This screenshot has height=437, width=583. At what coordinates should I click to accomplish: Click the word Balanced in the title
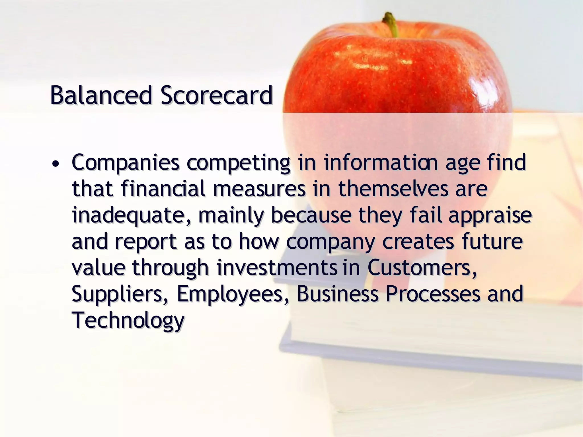[101, 96]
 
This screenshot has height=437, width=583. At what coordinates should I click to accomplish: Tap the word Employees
[229, 294]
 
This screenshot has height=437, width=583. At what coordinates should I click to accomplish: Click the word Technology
[128, 320]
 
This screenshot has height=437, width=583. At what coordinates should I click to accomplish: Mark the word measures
[260, 189]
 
